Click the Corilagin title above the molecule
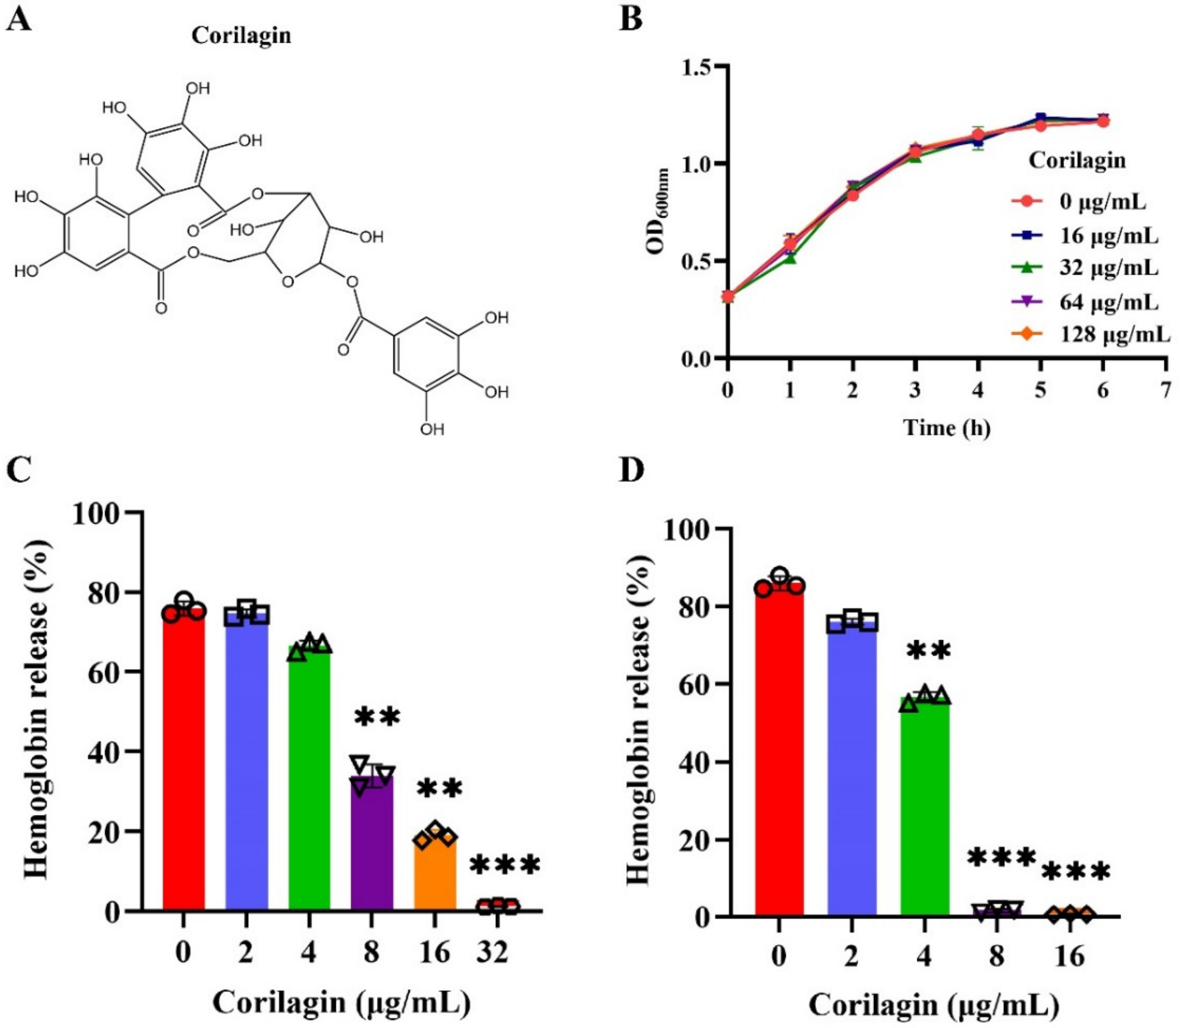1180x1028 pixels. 241,36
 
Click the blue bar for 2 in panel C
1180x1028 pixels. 246,763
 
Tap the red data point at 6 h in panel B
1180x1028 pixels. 1103,121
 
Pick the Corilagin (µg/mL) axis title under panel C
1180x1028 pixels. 342,1002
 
